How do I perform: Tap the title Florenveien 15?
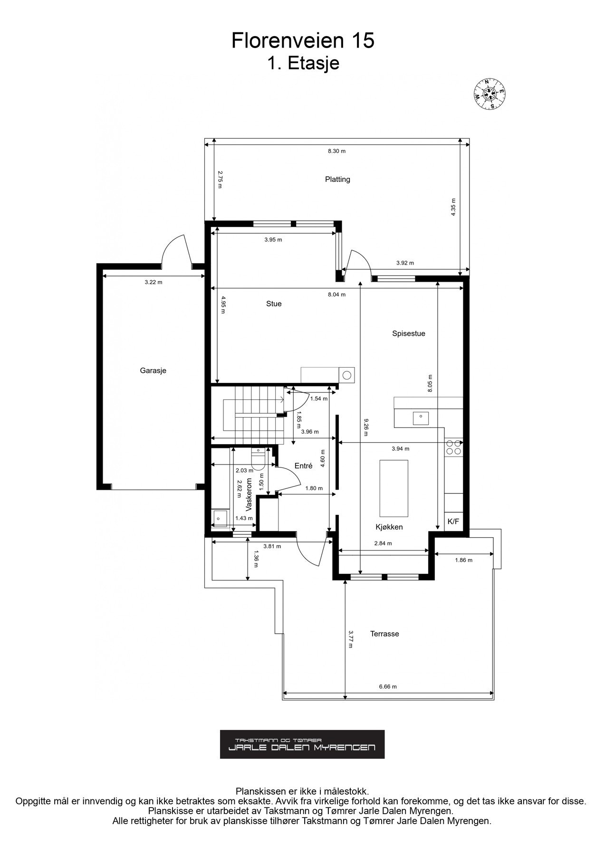(303, 41)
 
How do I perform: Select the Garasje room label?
(153, 370)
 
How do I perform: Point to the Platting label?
(337, 179)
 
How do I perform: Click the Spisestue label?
(409, 333)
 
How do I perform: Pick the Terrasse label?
(384, 634)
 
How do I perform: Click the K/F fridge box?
(453, 521)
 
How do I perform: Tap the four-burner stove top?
(453, 447)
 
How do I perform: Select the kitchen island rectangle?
(394, 488)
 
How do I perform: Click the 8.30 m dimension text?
(336, 151)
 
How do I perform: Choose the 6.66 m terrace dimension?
(388, 686)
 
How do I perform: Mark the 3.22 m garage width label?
(153, 282)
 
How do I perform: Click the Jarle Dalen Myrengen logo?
(302, 744)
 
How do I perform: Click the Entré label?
(303, 466)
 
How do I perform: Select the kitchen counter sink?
(421, 418)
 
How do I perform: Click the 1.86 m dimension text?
(463, 560)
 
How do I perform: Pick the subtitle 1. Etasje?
(303, 63)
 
